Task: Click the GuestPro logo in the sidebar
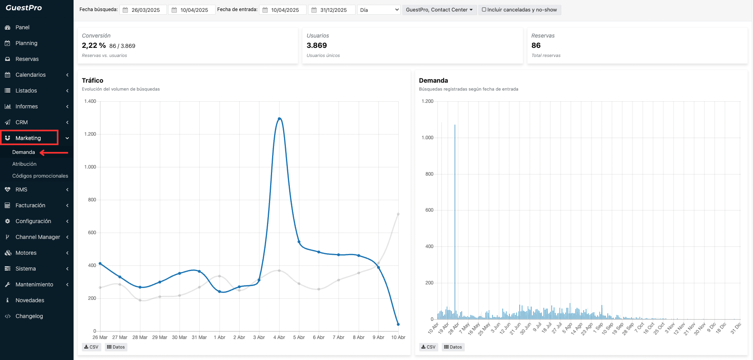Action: click(24, 8)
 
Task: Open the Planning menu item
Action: click(26, 43)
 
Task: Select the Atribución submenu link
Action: click(24, 164)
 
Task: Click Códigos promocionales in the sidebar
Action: click(40, 176)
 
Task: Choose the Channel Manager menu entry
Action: click(38, 237)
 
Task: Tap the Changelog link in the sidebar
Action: click(29, 316)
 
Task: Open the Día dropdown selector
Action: click(379, 10)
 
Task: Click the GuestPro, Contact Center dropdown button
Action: click(439, 10)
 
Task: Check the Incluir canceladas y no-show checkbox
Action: click(484, 9)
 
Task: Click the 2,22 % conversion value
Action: click(94, 45)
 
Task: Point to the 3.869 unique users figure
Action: click(317, 45)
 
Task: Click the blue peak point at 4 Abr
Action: click(279, 119)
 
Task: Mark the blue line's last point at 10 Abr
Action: click(398, 324)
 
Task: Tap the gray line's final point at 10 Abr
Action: click(398, 214)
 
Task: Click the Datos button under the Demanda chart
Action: click(453, 347)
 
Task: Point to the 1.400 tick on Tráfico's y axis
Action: click(90, 101)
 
